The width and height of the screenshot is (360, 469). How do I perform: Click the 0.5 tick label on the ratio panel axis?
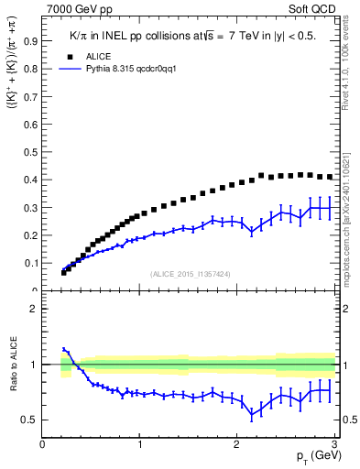tap(29, 420)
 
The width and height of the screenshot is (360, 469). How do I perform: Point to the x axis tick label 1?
tap(139, 444)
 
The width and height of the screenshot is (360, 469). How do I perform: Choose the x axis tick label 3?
tap(335, 444)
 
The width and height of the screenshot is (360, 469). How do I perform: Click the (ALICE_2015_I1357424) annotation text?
tap(190, 274)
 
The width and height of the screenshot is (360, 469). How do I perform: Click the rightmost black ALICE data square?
tap(330, 177)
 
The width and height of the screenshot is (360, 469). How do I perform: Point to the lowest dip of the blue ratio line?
tap(252, 414)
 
